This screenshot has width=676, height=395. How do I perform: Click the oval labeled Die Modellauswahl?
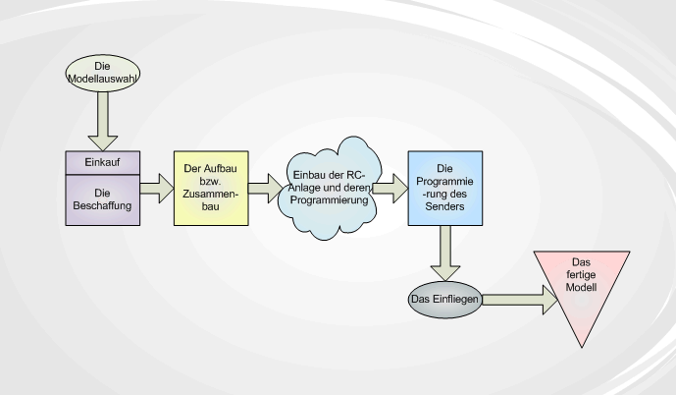(x=103, y=69)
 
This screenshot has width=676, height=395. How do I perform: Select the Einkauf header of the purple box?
(x=103, y=162)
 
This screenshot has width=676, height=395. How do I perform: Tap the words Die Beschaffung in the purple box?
(x=103, y=199)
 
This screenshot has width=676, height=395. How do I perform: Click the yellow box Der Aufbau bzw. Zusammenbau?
(x=211, y=188)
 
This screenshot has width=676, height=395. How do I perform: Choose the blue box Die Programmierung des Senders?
(x=443, y=189)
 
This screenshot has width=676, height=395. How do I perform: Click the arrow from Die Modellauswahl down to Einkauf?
(x=103, y=125)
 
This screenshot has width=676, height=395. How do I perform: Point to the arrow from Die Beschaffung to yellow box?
(x=155, y=188)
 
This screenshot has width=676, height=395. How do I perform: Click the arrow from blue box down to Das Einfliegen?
(x=444, y=254)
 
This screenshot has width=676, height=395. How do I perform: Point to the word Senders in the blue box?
(x=443, y=208)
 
